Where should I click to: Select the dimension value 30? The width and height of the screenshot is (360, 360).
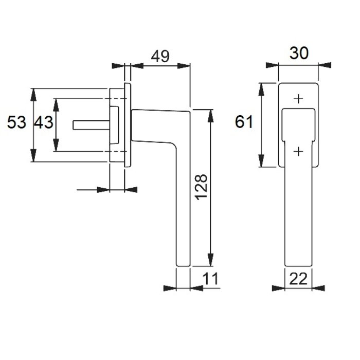pos(298,53)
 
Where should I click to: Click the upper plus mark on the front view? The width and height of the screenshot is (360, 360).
pos(298,98)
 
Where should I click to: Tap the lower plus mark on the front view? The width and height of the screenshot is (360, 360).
pos(298,151)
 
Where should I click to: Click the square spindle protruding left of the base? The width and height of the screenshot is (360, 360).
pos(90,125)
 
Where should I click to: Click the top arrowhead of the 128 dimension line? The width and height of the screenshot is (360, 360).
pos(210,114)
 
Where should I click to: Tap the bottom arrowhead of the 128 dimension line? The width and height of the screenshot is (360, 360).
pos(210,261)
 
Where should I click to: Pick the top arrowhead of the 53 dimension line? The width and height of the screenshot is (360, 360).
pos(33,93)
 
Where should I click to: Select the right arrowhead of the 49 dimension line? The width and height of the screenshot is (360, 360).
pos(186,65)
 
